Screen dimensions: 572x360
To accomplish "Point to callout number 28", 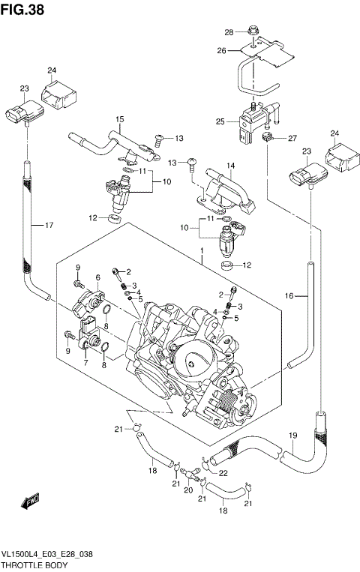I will [x=229, y=31].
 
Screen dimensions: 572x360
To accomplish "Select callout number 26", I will [x=221, y=50].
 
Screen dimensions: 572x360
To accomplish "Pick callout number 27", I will [x=292, y=137].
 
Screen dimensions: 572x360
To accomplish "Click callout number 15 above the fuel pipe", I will [x=118, y=119].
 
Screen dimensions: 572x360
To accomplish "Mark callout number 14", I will [x=231, y=165].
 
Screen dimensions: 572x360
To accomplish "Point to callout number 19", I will [x=293, y=435].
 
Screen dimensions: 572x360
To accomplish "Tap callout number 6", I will [x=97, y=277].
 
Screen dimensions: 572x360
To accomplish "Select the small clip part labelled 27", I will [x=268, y=138].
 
